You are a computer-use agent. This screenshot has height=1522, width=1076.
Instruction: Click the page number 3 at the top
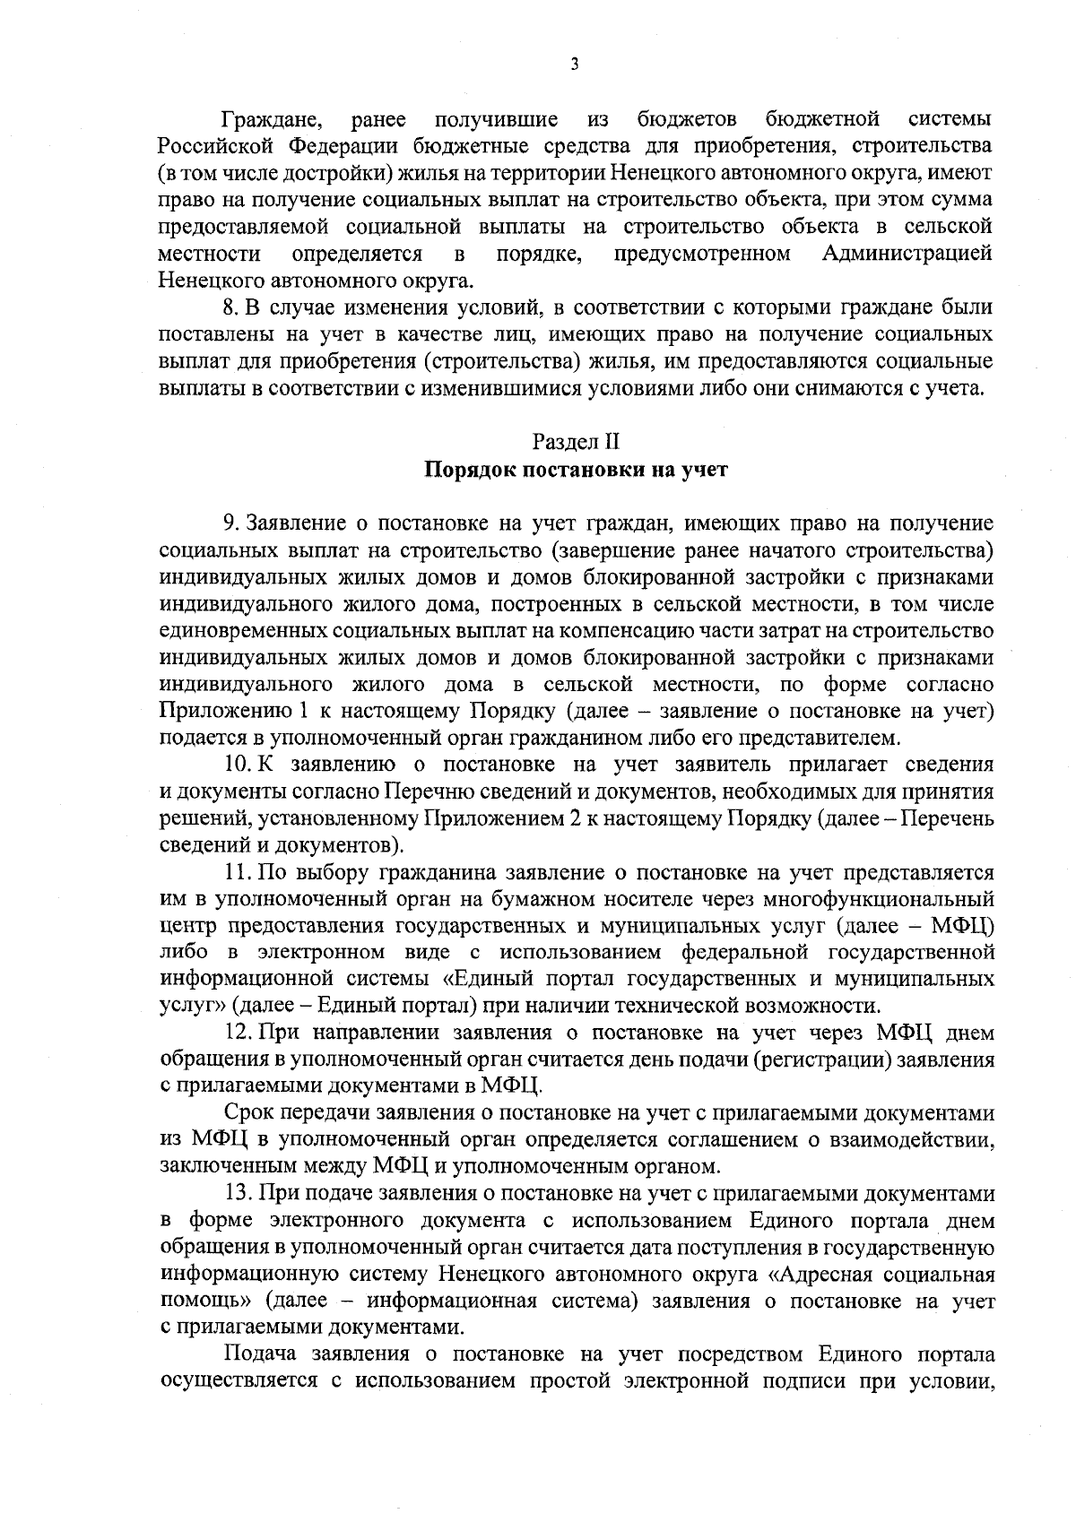[574, 64]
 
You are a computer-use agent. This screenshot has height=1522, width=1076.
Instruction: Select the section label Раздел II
[576, 441]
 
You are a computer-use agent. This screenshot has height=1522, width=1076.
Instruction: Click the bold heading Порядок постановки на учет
[576, 471]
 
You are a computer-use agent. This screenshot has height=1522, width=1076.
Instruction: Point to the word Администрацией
[907, 254]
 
